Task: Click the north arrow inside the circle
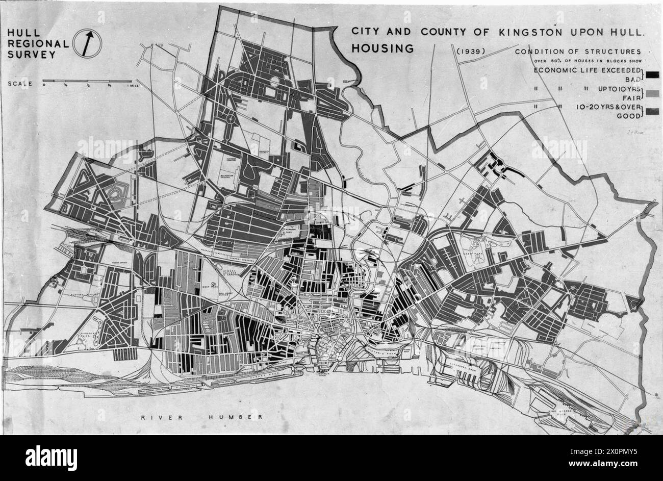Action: pos(88,43)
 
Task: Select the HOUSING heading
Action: pos(382,49)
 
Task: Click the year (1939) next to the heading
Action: pos(471,51)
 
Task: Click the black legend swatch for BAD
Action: pos(652,74)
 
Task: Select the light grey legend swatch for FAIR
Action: pos(652,93)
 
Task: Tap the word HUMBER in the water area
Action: pos(236,417)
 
